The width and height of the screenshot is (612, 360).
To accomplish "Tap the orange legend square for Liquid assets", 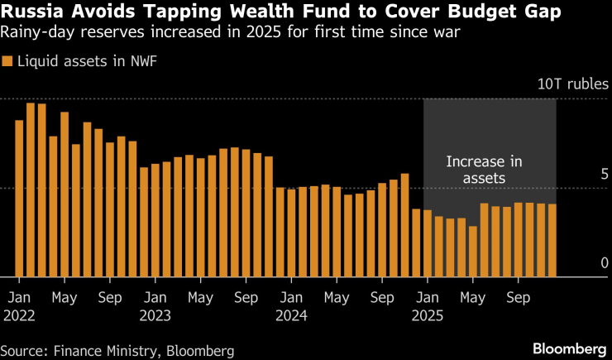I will (7, 61).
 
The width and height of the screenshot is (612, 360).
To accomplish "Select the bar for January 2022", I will (19, 199).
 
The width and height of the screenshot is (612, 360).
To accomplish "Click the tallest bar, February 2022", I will (31, 190).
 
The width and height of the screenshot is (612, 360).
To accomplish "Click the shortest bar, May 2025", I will (472, 252).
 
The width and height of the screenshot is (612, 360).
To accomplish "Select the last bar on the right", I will (552, 240).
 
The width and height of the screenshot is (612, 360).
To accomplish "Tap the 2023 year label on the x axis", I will (155, 314).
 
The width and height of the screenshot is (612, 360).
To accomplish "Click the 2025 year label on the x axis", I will (427, 314).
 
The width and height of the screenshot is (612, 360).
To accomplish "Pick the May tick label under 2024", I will (337, 297).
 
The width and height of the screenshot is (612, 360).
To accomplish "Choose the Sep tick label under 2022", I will (110, 297).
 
